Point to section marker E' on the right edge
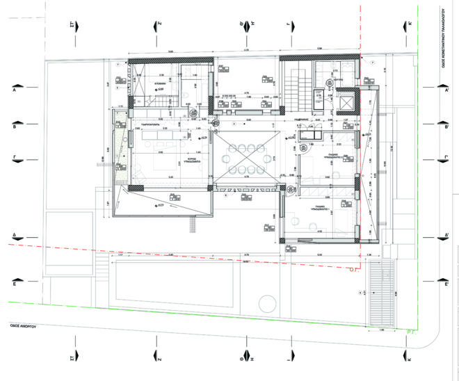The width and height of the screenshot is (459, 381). pos(445,284)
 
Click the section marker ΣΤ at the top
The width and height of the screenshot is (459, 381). pos(72,26)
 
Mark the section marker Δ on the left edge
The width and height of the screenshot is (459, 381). pos(14,236)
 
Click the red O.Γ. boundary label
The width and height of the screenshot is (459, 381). pos(353,273)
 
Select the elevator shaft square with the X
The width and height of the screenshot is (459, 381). pos(345,103)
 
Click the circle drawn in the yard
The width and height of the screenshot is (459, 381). pos(265,304)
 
